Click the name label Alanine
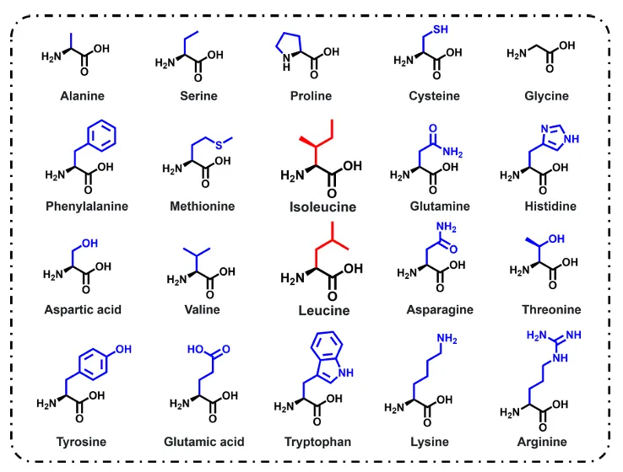tap(82, 96)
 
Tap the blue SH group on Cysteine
tap(440, 29)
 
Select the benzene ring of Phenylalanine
tap(101, 135)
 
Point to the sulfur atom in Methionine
tap(219, 145)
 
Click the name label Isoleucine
tap(322, 207)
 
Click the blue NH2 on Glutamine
tap(452, 152)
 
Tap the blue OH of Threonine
tap(556, 239)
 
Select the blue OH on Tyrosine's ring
tap(123, 349)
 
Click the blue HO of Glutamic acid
tap(195, 349)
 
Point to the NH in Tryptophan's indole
tap(345, 373)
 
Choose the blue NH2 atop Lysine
tap(447, 339)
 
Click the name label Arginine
tap(542, 442)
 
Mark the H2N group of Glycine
tap(517, 53)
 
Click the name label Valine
tap(202, 309)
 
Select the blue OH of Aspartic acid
tap(89, 243)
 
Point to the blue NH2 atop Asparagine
tap(447, 227)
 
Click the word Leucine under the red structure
tap(324, 310)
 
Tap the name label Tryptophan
tap(317, 442)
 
